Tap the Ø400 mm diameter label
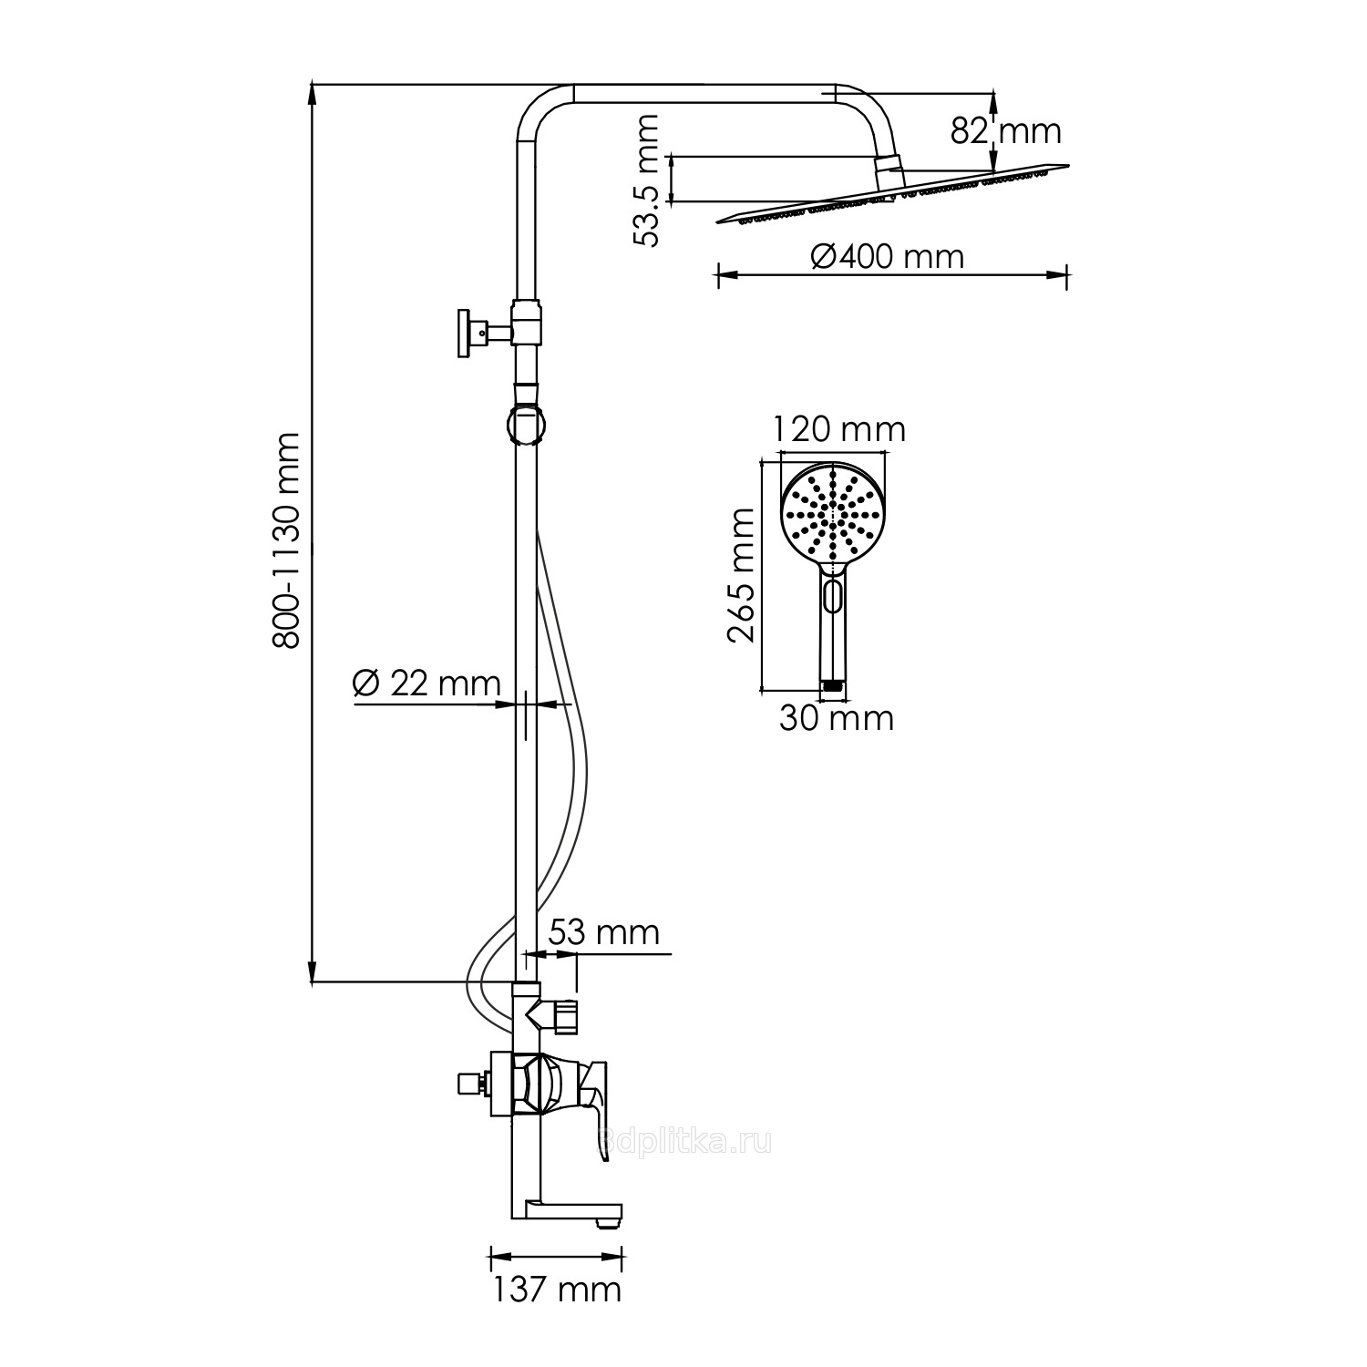pyautogui.click(x=887, y=257)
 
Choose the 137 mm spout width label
pyautogui.click(x=557, y=1290)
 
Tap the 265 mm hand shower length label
pyautogui.click(x=741, y=576)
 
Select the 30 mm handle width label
pyautogui.click(x=836, y=718)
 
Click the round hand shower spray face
pyautogui.click(x=831, y=515)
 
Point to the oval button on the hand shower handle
pyautogui.click(x=831, y=598)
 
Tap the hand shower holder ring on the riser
pyautogui.click(x=527, y=426)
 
